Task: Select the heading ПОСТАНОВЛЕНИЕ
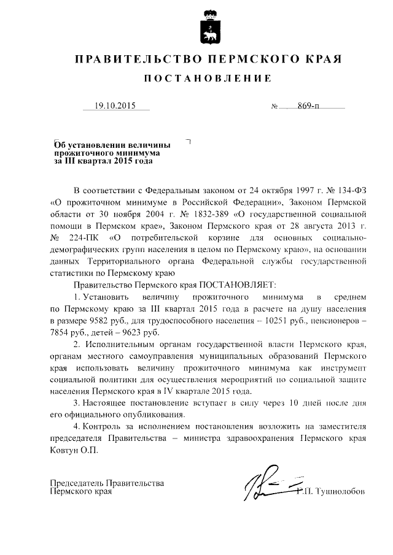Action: pos(207,80)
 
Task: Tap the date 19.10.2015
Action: pos(117,106)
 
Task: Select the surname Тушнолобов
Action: pos(340,492)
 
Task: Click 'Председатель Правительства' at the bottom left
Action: pos(106,483)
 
